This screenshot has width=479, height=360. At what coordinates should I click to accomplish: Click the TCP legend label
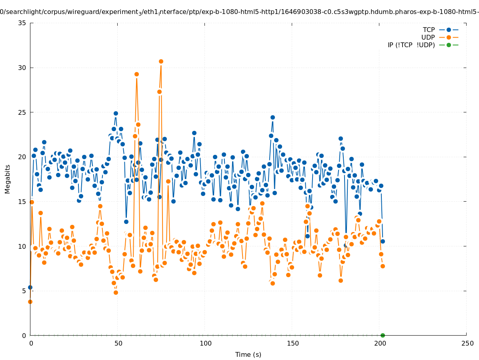pos(429,30)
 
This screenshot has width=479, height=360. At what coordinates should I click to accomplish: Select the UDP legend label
pos(428,38)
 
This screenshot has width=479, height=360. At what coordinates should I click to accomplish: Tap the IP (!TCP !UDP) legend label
pos(411,45)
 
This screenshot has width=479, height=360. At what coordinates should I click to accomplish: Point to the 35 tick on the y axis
pos(22,23)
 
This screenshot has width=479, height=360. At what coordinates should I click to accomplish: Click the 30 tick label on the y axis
pos(22,68)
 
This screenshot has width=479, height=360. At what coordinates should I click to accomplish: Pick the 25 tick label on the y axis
pos(22,112)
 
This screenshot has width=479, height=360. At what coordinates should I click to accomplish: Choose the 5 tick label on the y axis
pos(24,291)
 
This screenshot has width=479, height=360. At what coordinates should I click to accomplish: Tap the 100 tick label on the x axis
pos(205,344)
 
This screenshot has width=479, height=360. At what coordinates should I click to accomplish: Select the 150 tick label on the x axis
pos(292,344)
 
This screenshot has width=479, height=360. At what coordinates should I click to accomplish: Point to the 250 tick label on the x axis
pos(467,344)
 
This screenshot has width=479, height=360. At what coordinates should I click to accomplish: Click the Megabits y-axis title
pos(8,179)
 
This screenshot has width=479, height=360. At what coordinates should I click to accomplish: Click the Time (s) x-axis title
pos(248,354)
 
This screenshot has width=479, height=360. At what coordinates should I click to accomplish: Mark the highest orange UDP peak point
pos(161,62)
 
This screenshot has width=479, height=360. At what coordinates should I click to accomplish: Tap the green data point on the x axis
pos(383,335)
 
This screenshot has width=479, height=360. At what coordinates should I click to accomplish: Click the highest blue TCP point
pos(116,113)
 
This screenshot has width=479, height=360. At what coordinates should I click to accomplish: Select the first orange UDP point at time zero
pos(30,302)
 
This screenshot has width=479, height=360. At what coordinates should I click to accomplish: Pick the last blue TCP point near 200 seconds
pos(383,241)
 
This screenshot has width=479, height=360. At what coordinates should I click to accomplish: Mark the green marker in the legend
pos(449,45)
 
